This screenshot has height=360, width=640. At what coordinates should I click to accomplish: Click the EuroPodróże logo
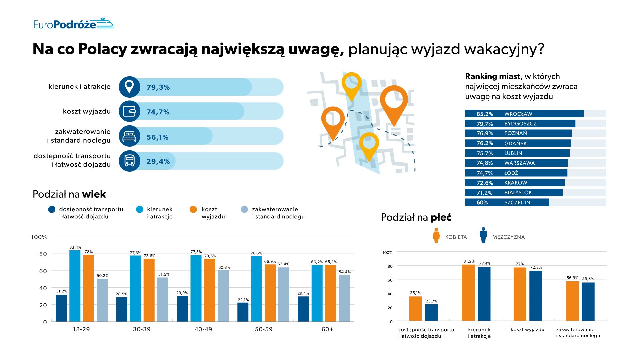click(73, 24)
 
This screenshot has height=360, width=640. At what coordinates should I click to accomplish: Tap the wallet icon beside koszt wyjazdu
click(129, 111)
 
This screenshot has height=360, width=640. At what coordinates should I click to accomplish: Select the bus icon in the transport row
click(129, 161)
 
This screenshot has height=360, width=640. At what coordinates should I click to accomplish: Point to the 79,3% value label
click(158, 87)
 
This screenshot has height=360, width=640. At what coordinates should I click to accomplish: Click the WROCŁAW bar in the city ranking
click(524, 114)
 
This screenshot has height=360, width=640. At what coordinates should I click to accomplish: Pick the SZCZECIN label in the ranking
click(517, 202)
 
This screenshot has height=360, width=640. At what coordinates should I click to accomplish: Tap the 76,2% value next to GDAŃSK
click(485, 143)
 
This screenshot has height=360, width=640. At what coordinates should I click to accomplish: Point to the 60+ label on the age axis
click(327, 329)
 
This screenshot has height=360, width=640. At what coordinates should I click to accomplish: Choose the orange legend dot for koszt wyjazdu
click(193, 209)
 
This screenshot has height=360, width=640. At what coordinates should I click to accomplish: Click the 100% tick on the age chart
click(39, 237)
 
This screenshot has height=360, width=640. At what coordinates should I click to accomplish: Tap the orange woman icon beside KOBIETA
click(436, 235)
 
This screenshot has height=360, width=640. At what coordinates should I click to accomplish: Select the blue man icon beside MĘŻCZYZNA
click(483, 235)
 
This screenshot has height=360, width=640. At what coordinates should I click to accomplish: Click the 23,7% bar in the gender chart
click(431, 312)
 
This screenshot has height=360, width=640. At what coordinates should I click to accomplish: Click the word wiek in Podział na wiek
click(94, 194)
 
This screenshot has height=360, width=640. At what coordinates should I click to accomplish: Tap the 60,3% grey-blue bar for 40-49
click(223, 296)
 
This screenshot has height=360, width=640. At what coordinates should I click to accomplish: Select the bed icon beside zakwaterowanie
click(129, 136)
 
